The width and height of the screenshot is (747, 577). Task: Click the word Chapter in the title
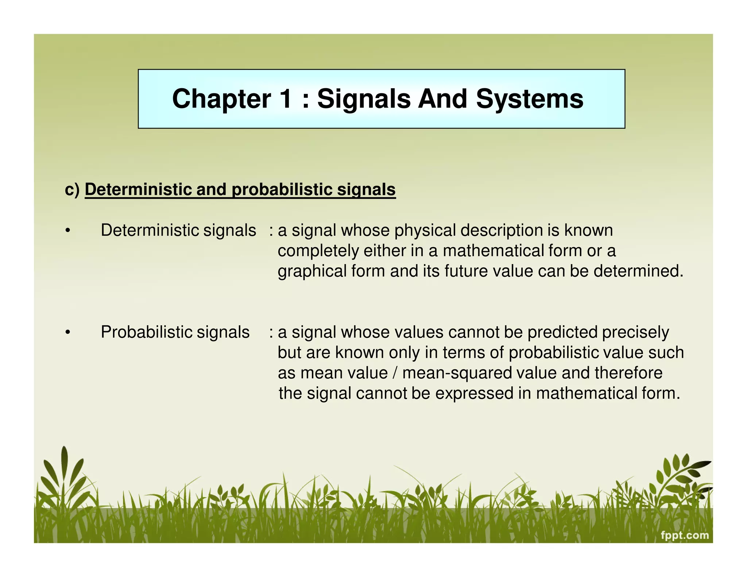[x=221, y=99]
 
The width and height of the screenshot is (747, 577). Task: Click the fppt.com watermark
[x=685, y=535]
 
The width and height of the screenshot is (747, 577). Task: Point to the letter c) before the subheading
[x=72, y=190]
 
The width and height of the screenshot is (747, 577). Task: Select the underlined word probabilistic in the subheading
[x=282, y=190]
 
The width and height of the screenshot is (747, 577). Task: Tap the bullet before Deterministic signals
[x=67, y=231]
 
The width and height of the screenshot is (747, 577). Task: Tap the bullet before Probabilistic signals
[x=67, y=333]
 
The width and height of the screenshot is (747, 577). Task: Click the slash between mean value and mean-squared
[x=395, y=373]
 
